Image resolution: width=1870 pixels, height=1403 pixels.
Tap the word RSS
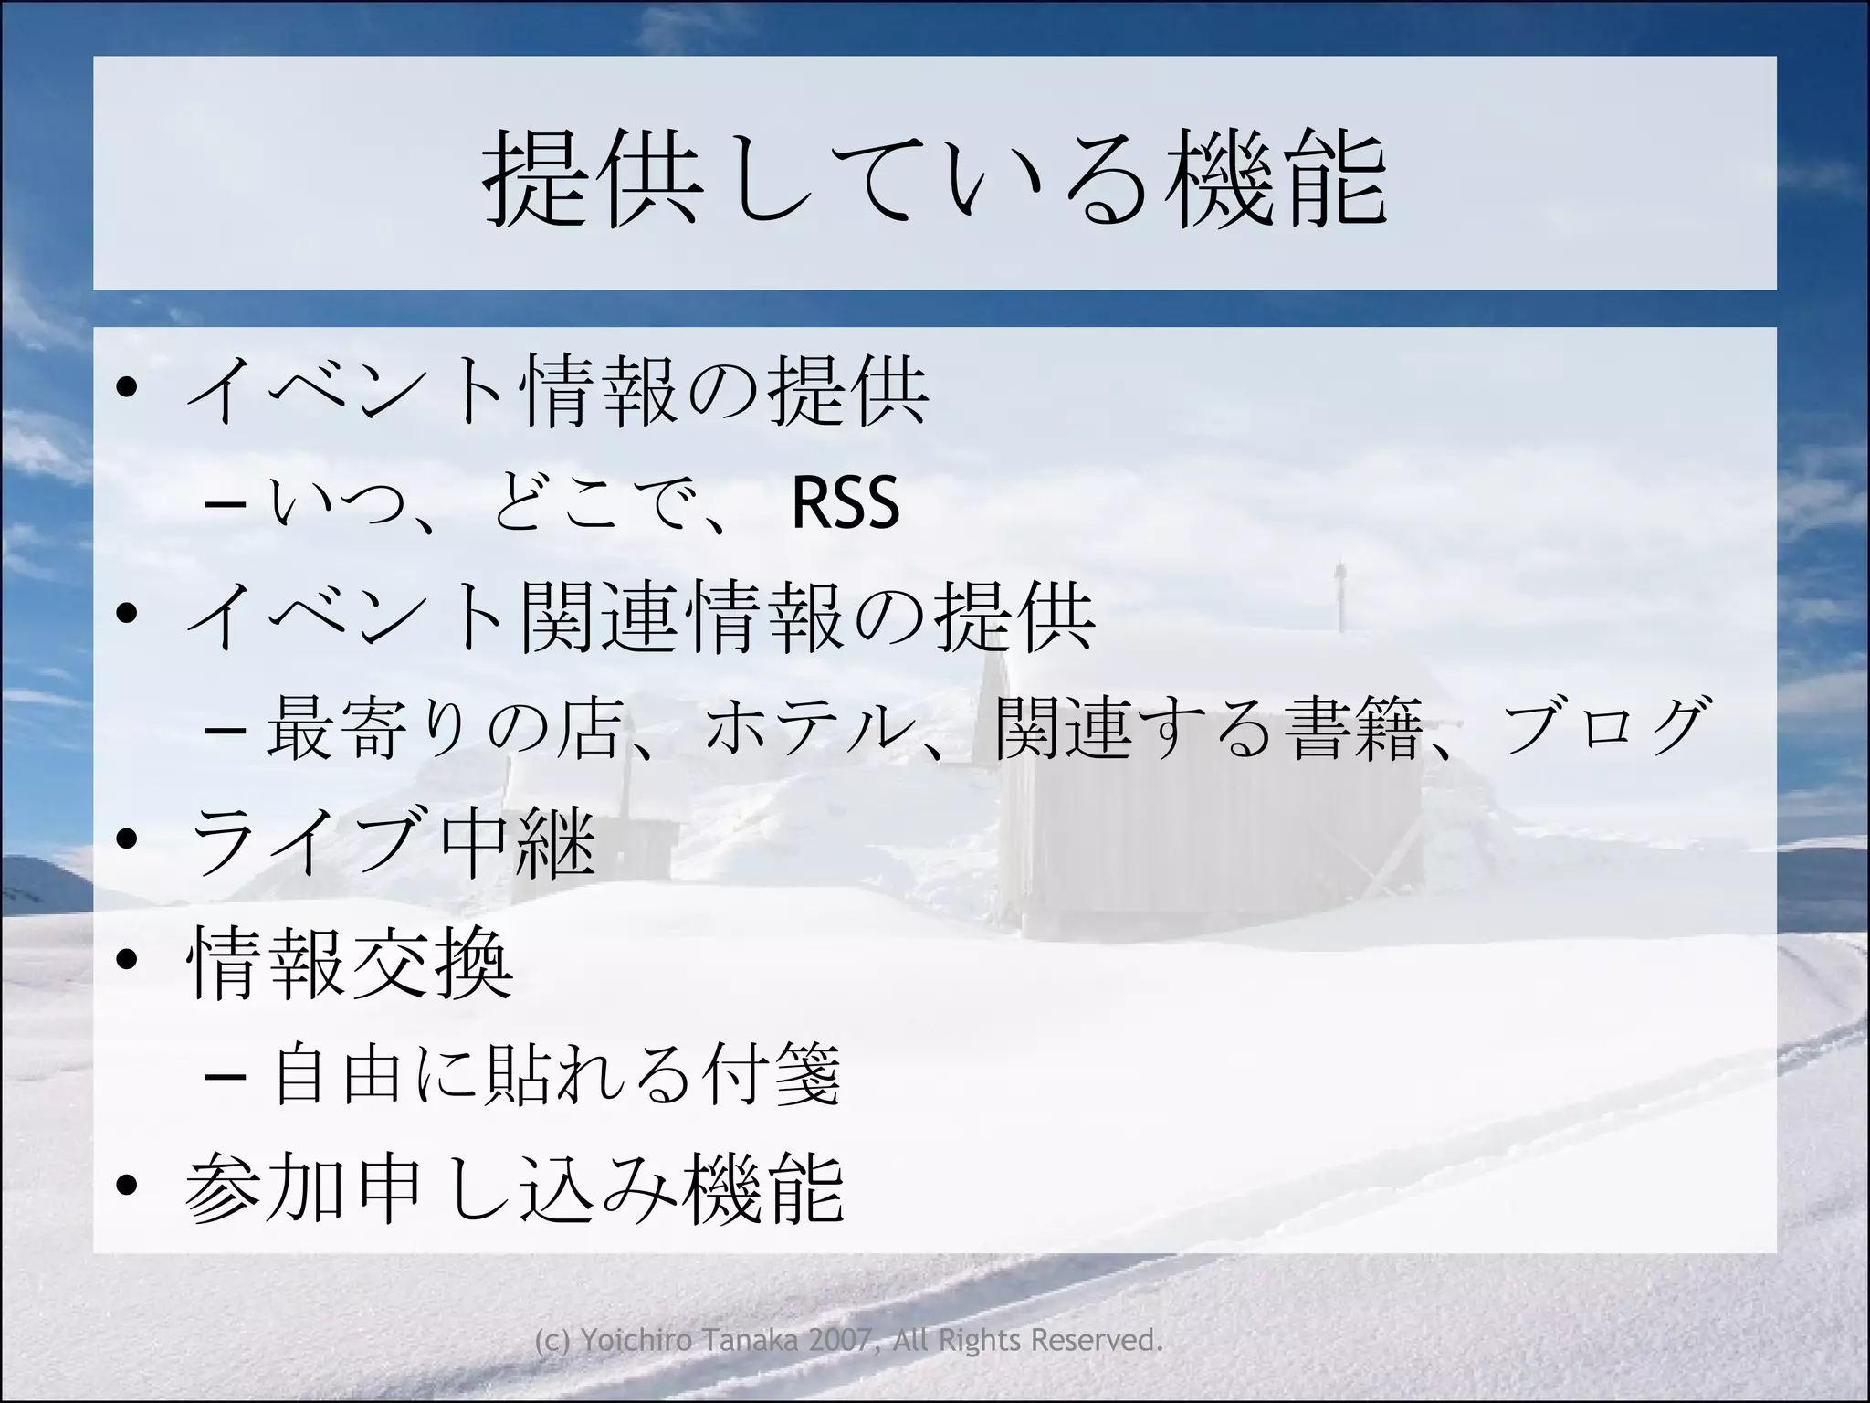[x=846, y=502]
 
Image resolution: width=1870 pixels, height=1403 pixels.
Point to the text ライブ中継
[x=393, y=840]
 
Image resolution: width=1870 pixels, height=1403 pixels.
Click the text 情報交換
[x=350, y=962]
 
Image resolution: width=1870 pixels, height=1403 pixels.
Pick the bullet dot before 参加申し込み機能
[x=127, y=1185]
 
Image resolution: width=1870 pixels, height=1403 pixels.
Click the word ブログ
[x=1604, y=726]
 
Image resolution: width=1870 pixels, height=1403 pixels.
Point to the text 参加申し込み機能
[x=514, y=1187]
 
